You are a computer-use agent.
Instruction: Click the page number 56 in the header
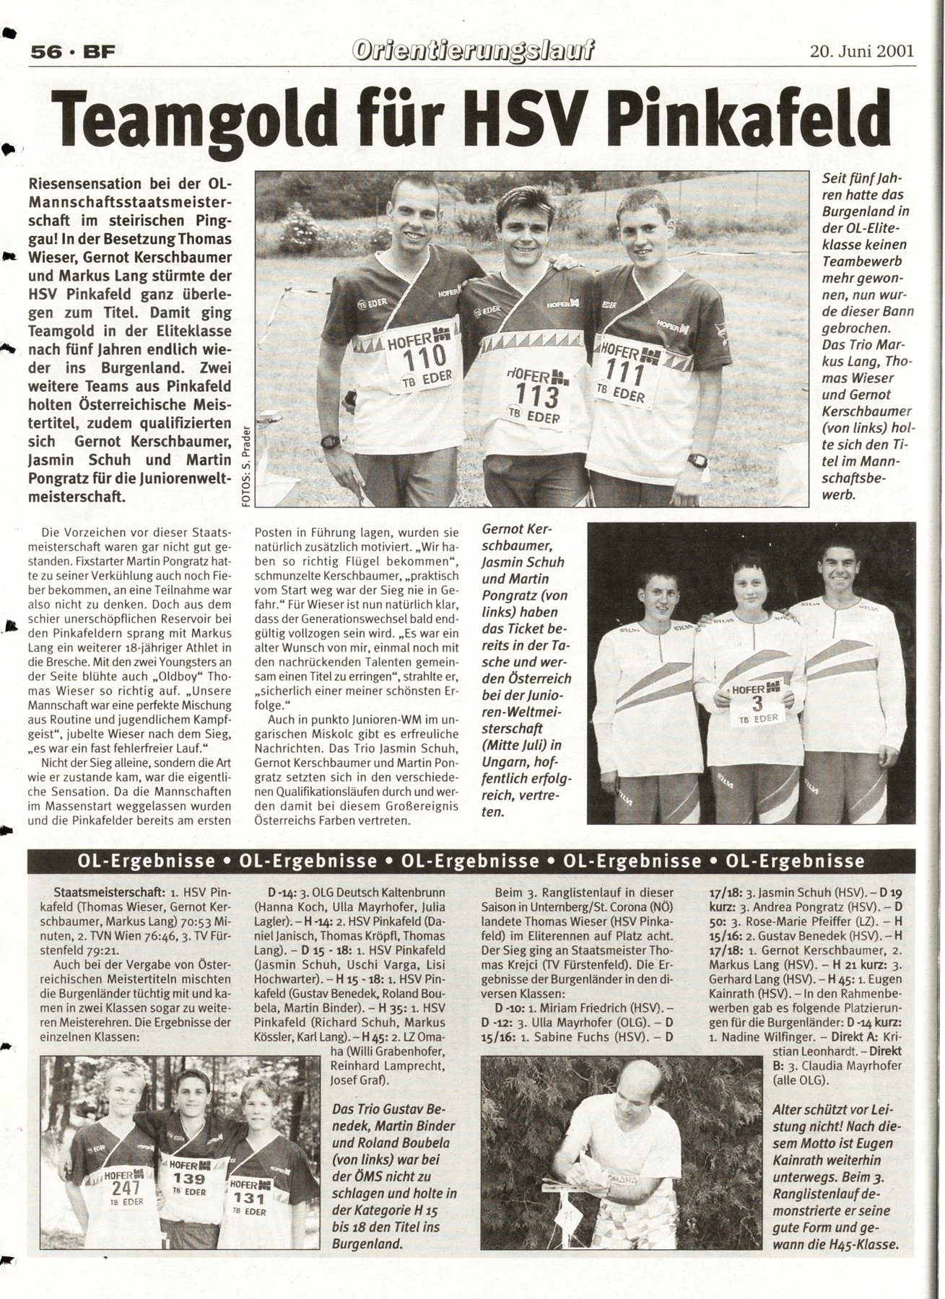[x=45, y=52]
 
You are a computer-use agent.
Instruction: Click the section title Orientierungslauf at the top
[x=474, y=51]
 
